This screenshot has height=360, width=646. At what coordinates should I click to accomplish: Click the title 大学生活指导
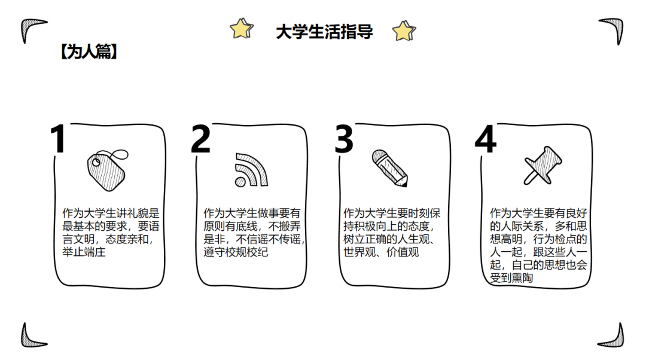click(324, 32)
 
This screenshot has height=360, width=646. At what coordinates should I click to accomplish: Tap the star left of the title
click(242, 29)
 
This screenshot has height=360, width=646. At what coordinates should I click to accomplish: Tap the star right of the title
click(404, 31)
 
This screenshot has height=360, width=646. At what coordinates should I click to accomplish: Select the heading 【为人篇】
click(89, 52)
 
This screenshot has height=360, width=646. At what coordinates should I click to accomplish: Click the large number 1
click(58, 139)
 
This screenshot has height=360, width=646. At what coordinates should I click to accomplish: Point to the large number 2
click(200, 139)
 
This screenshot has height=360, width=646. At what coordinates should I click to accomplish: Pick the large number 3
click(344, 139)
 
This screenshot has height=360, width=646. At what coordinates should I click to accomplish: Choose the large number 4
click(485, 139)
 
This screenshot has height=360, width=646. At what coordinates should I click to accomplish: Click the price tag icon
click(107, 170)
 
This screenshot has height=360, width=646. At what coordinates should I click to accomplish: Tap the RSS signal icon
click(251, 170)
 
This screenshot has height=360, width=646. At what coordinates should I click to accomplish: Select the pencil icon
click(390, 168)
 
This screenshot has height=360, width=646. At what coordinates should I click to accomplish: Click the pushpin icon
click(543, 165)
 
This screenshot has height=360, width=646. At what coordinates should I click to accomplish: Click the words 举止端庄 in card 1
click(84, 252)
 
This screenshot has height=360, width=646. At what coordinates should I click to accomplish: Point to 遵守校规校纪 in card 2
click(236, 252)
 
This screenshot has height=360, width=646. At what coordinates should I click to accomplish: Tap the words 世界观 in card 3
click(359, 252)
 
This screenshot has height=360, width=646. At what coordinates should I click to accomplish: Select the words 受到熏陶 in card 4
click(511, 278)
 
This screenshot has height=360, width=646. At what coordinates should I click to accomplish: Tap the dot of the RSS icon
click(240, 182)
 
